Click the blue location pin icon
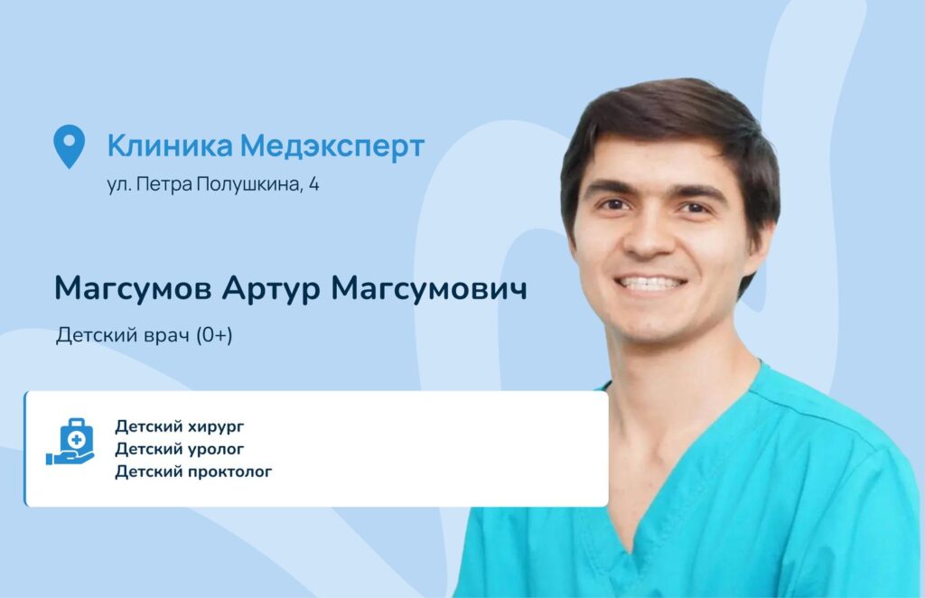point(69,145)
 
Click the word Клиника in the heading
point(170,145)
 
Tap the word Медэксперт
point(332,146)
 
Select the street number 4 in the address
point(313,184)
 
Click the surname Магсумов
point(133,289)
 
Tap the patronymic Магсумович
point(429,288)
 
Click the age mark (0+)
point(214,335)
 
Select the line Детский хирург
point(180,426)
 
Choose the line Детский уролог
point(180,449)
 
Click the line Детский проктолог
point(193,472)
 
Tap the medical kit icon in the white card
point(70,442)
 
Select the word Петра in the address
point(164,184)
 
